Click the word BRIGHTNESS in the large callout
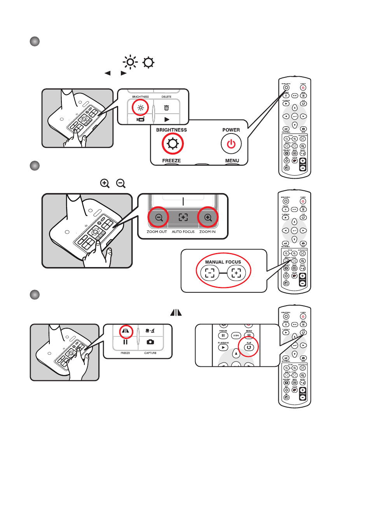(171, 130)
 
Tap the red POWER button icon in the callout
(231, 144)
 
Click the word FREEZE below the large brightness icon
(171, 160)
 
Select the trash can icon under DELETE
(166, 108)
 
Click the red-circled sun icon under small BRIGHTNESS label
(140, 107)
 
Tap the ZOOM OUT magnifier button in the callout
(159, 218)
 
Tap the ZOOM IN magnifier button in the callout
(208, 218)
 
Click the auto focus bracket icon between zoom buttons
(183, 218)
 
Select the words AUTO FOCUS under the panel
(183, 232)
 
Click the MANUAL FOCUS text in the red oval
(223, 262)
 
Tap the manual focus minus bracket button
(210, 273)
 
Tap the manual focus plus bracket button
(236, 273)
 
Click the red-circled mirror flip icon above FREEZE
(126, 332)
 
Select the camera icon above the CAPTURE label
(150, 342)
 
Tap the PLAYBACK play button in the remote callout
(223, 347)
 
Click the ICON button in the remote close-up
(236, 336)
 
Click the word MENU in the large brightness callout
(232, 160)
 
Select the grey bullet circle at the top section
(35, 42)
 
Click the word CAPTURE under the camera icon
(150, 353)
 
